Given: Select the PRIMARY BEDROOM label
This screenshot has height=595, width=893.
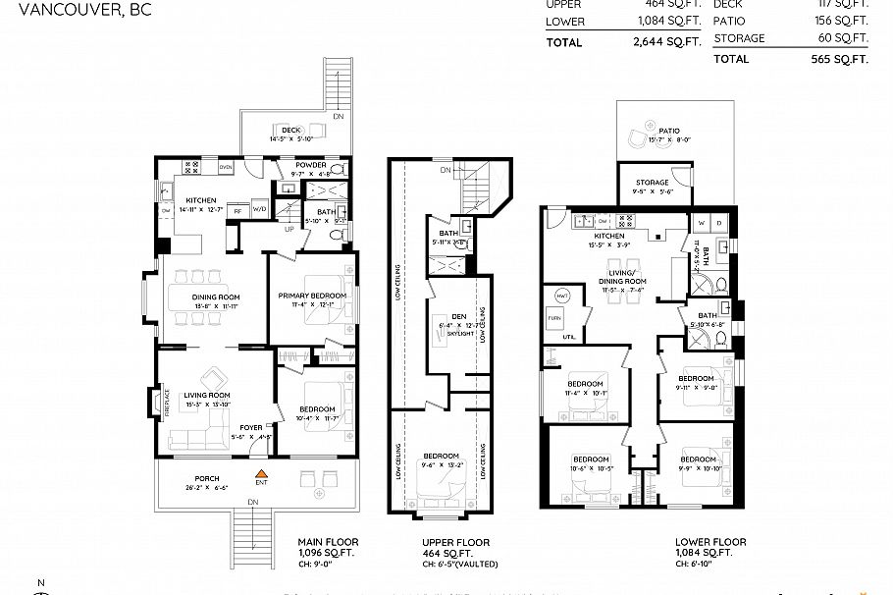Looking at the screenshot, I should click(x=311, y=296).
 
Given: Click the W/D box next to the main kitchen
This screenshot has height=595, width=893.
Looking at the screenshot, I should click(x=259, y=208).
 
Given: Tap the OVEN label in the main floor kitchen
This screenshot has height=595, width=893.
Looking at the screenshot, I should click(x=226, y=167).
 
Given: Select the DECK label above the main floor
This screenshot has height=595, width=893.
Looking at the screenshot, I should click(x=290, y=130).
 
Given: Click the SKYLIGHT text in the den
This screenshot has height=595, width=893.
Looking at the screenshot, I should click(x=461, y=334).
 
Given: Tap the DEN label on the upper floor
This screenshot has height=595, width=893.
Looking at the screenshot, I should click(x=458, y=316).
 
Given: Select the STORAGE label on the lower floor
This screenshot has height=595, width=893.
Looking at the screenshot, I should click(x=652, y=183).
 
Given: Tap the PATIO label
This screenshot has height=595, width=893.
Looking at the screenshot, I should click(x=669, y=130).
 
